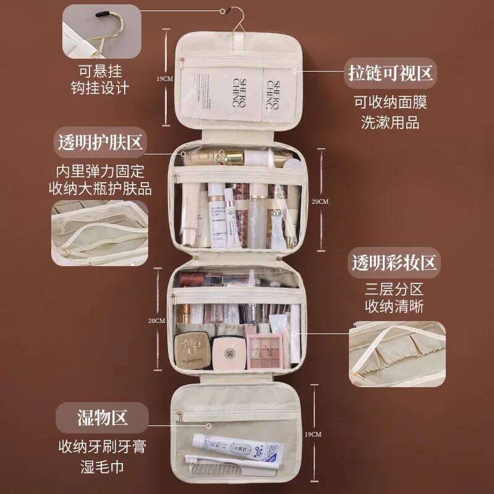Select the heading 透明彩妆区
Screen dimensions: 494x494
pos(395,262)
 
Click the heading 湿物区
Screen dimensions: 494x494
pos(102,417)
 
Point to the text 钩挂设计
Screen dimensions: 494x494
pos(100,88)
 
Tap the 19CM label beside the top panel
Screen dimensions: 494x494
pos(164,78)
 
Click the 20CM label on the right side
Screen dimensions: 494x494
pos(320,201)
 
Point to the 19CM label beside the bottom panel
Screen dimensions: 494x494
pos(313,435)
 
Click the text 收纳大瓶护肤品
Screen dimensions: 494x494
pos(100,188)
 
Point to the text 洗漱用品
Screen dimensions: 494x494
pos(390,122)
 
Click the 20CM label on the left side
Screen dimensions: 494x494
pos(156,321)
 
